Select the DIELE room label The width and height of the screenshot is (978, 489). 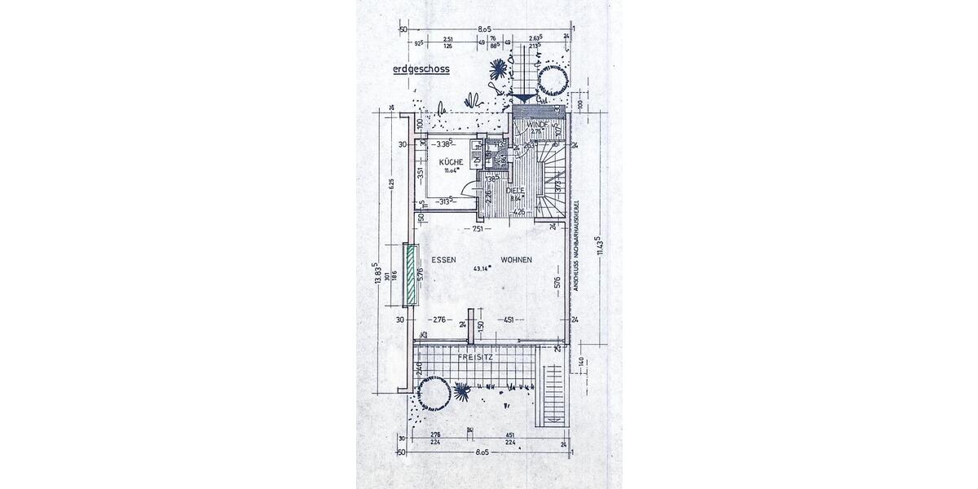pos(514,191)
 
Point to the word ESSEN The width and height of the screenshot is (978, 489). pos(443,260)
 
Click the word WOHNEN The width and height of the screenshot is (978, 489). pos(517,260)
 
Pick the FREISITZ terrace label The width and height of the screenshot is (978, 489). pos(476,357)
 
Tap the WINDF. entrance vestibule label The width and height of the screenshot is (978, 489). pos(536,125)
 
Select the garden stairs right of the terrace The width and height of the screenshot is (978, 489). pos(552,396)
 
